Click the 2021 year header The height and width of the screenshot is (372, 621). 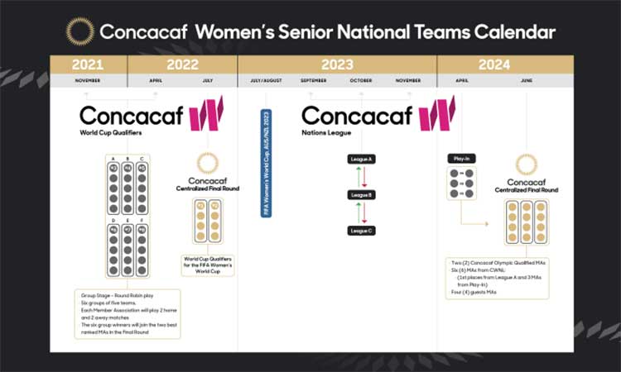click(88, 64)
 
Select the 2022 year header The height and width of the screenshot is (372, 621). click(183, 64)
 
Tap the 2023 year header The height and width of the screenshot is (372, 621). click(336, 64)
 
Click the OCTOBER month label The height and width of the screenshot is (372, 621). click(360, 82)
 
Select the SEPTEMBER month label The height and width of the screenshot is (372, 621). click(312, 82)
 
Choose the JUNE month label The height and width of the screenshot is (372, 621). click(527, 82)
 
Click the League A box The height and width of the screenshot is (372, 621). click(361, 158)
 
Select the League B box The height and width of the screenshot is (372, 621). click(361, 194)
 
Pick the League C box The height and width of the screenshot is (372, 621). click(361, 231)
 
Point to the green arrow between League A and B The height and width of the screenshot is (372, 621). click(356, 176)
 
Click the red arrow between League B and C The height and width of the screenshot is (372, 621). click(366, 212)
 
